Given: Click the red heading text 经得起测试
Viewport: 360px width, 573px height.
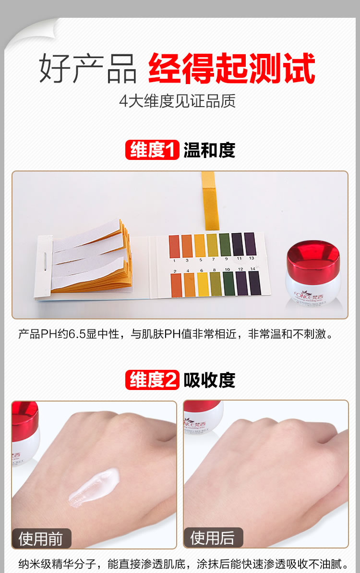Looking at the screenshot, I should click(x=231, y=69).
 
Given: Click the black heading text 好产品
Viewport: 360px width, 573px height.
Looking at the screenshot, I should click(x=88, y=69).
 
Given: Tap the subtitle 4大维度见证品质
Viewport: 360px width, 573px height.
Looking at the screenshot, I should click(x=177, y=101).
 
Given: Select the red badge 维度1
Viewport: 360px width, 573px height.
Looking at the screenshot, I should click(x=152, y=150).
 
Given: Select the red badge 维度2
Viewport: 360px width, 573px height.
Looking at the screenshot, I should click(x=152, y=380).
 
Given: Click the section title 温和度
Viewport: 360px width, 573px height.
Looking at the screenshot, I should click(x=209, y=150).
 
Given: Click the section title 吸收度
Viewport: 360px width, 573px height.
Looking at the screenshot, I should click(x=209, y=380).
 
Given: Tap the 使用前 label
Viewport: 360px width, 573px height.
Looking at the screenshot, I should click(x=41, y=538).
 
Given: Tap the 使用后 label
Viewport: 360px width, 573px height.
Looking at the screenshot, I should click(x=213, y=538).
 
